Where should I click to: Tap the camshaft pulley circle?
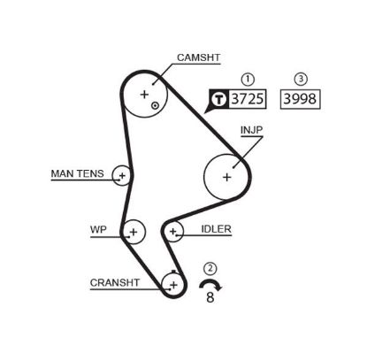(146, 93)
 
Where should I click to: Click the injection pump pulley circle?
(227, 176)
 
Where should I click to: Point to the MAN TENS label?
(77, 173)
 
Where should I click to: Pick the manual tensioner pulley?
(121, 176)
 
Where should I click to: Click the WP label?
(98, 228)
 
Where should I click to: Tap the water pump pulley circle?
(134, 232)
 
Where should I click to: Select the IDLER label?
(216, 228)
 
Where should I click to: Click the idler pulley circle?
(174, 233)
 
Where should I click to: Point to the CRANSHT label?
(114, 282)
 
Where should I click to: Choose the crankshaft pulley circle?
(173, 284)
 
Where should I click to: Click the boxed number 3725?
(248, 100)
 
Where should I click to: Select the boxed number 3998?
(299, 100)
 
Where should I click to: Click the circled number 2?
(210, 268)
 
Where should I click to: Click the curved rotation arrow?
(210, 284)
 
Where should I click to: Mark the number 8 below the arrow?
(210, 298)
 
